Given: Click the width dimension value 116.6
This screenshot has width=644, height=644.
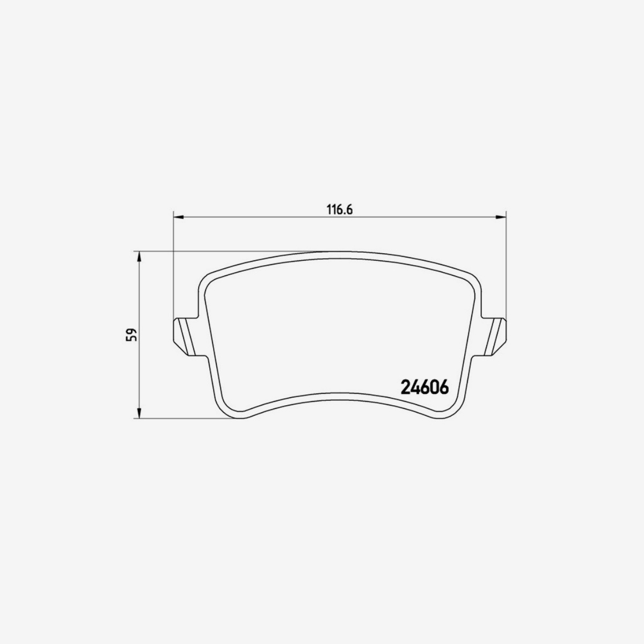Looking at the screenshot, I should coord(339,210).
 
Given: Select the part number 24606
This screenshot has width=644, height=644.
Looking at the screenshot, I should coord(424,387).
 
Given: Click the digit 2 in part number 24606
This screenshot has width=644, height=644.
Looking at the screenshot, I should coord(405,387).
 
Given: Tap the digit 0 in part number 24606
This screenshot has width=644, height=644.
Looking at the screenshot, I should coord(433,387).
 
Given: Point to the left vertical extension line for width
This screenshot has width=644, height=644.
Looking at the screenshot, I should coord(173,268).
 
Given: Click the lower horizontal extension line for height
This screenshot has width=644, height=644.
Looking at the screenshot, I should coord(188,418).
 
